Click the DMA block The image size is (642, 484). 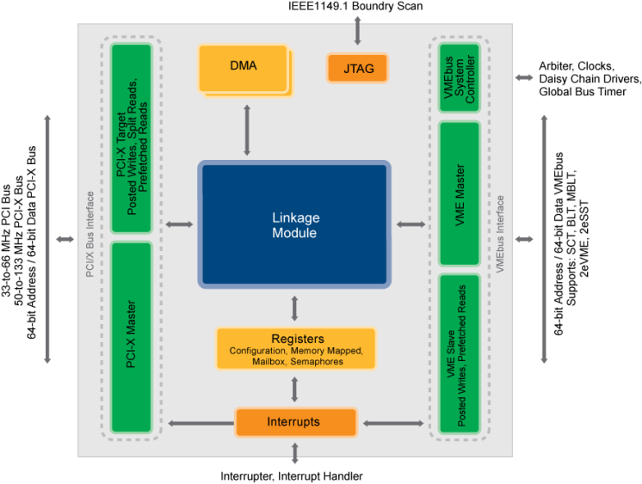point(244,68)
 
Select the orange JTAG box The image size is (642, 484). point(357,68)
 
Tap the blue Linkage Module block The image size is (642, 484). point(294,224)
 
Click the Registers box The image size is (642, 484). point(296,348)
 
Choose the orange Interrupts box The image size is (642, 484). point(295,422)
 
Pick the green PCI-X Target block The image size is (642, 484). point(132,138)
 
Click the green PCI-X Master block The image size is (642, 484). point(132,337)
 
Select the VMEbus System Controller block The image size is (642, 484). point(459,78)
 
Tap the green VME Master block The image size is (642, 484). point(459,193)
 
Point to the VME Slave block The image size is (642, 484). point(459,353)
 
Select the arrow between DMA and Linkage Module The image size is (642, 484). point(247,130)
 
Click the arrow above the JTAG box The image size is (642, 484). point(357,30)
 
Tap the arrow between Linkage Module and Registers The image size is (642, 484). point(295,308)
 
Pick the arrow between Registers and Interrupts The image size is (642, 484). point(295,389)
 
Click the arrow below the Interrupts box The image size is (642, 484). point(295,452)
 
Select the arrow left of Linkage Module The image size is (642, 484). point(179,224)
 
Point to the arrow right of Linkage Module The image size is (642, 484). point(411,224)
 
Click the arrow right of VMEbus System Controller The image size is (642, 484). point(524,77)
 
